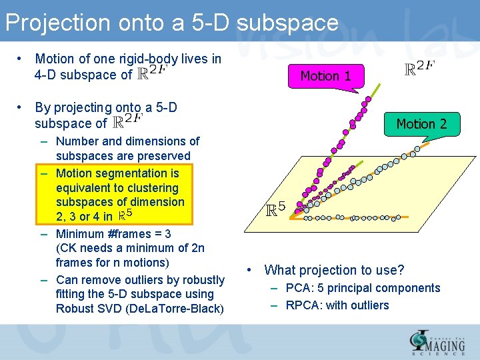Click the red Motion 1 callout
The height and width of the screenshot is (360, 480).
[x=325, y=75]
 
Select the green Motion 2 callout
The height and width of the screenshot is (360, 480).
[x=421, y=123]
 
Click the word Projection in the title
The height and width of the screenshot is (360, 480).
[x=57, y=23]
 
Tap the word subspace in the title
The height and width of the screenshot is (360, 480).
[x=287, y=23]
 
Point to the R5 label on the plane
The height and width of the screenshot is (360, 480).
[x=275, y=209]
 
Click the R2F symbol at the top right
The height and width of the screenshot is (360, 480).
[x=420, y=69]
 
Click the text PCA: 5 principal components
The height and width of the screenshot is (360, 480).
[x=363, y=288]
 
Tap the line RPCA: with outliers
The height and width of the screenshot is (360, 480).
[x=337, y=305]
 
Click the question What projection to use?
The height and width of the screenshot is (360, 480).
[x=334, y=270]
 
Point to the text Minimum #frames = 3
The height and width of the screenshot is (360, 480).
[x=113, y=234]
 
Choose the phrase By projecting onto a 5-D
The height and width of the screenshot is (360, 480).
[x=106, y=107]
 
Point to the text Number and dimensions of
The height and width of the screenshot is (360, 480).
[x=127, y=141]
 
